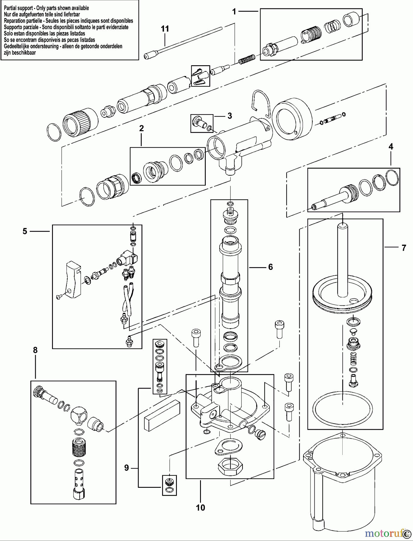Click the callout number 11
[165, 29]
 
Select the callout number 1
[234, 12]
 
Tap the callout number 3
[230, 116]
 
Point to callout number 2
[141, 129]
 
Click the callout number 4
[391, 147]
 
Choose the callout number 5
[25, 231]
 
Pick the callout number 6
[270, 267]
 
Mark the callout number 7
[404, 248]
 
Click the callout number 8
[35, 350]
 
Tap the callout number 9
[126, 468]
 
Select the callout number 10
[200, 508]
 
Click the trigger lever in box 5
[73, 280]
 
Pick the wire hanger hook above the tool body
[260, 104]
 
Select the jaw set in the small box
[200, 76]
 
